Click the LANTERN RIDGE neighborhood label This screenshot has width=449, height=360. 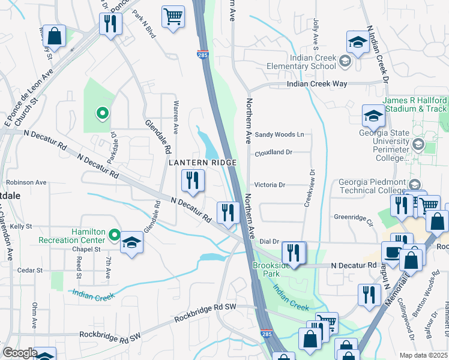pos(202,163)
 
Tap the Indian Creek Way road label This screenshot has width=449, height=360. pos(317,84)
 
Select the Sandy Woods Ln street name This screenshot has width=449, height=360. pos(279,135)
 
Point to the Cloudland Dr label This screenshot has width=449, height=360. pos(273,152)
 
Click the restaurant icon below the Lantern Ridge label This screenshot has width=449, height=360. pos(193,181)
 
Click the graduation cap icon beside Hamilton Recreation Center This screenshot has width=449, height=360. pos(131,243)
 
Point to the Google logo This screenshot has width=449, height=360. pos(20,353)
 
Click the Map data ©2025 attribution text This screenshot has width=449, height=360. pos(424,355)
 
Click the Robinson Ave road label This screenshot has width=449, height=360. pos(26,182)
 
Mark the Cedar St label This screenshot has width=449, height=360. pos(29,271)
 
